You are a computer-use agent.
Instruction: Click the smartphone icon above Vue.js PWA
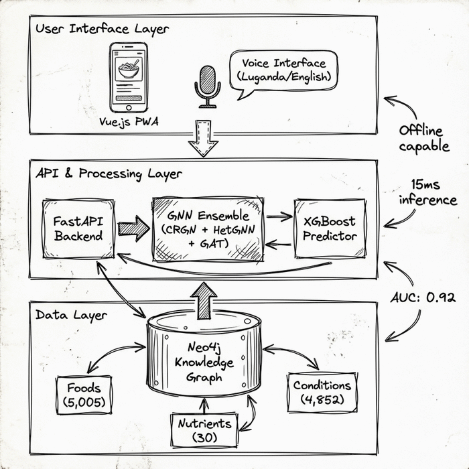tap(129, 78)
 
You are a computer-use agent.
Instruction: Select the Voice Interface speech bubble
tap(283, 72)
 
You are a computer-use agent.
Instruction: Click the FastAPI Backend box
tap(77, 228)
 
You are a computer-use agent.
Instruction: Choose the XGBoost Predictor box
tap(330, 228)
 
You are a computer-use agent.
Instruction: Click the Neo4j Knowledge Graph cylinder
tap(204, 354)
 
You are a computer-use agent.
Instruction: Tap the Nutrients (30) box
tap(204, 430)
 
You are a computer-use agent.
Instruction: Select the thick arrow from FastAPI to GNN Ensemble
tap(133, 228)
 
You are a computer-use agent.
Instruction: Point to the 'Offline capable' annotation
tap(424, 138)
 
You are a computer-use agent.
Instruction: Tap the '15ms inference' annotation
tap(427, 192)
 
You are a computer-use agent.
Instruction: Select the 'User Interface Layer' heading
tap(102, 29)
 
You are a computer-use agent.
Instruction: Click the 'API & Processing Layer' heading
tap(109, 174)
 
